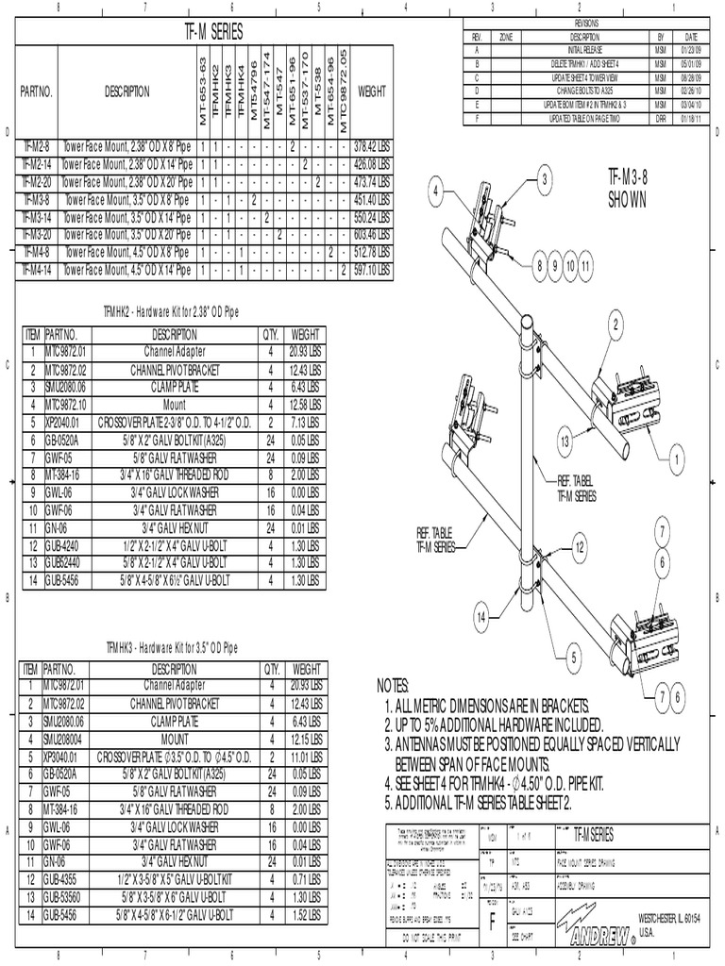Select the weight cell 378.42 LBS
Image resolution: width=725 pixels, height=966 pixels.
pyautogui.click(x=371, y=147)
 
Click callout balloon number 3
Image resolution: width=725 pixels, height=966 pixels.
pyautogui.click(x=544, y=179)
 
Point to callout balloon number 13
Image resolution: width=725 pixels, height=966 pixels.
pyautogui.click(x=564, y=441)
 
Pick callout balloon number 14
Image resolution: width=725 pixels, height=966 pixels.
pyautogui.click(x=481, y=617)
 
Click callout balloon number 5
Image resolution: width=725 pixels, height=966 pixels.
pyautogui.click(x=572, y=659)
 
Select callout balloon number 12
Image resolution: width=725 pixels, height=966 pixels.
pyautogui.click(x=580, y=546)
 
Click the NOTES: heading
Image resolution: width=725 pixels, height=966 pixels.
pyautogui.click(x=393, y=686)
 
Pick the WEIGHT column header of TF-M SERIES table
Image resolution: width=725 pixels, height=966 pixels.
pyautogui.click(x=371, y=92)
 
